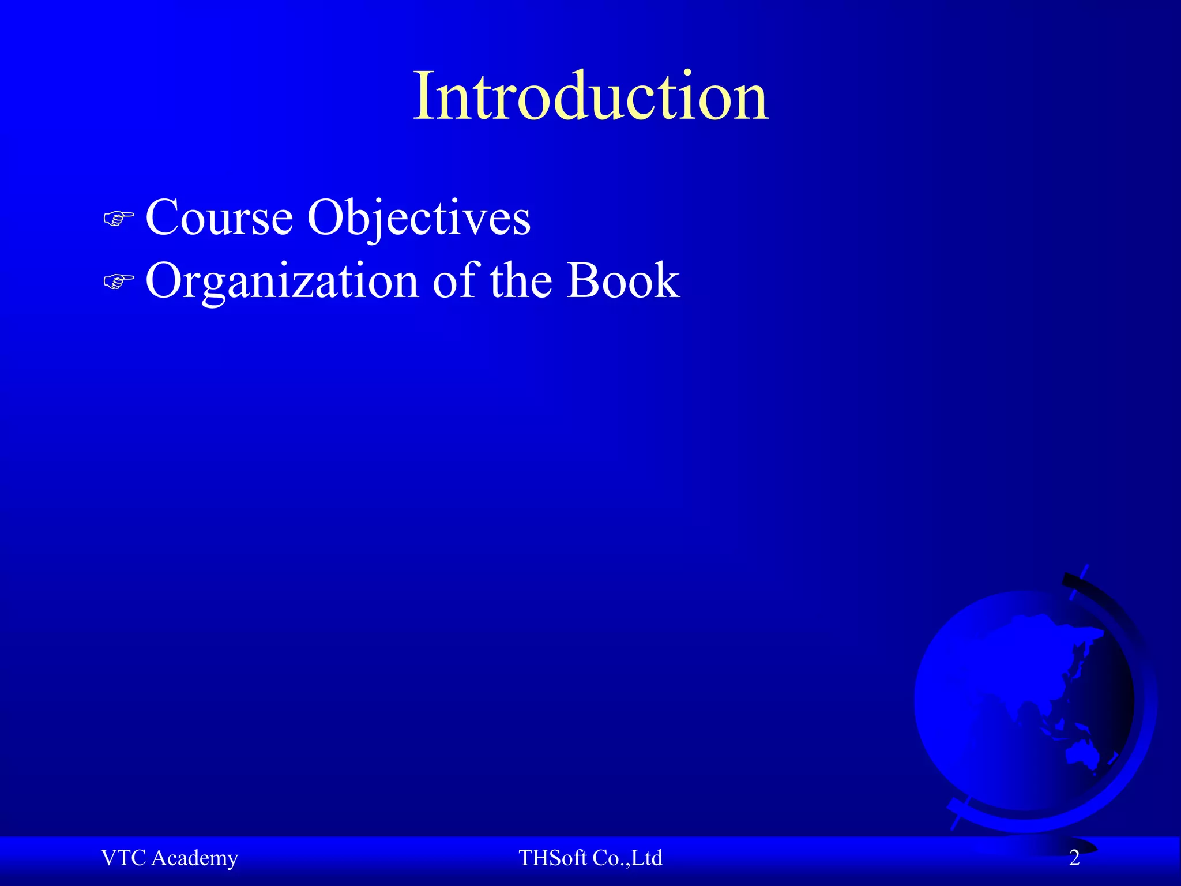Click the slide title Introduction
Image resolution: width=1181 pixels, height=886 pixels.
click(590, 96)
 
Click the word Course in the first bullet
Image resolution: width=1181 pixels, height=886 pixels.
click(219, 218)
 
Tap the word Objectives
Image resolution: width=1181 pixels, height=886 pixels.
click(419, 218)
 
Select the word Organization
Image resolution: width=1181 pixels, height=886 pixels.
click(282, 281)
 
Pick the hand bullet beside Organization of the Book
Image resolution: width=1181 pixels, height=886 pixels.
click(118, 282)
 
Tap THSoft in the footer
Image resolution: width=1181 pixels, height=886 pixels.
click(552, 858)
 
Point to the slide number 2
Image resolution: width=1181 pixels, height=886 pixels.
click(1074, 858)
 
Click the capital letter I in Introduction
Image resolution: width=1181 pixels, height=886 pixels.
click(423, 96)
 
